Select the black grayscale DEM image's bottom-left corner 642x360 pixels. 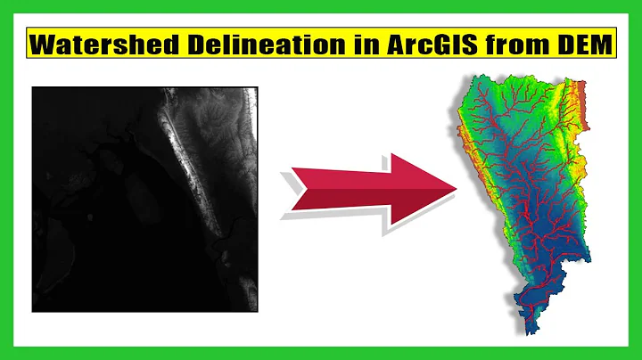tap(33, 311)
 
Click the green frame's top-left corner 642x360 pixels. tap(3, 3)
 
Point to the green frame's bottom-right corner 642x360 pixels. tap(638, 356)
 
